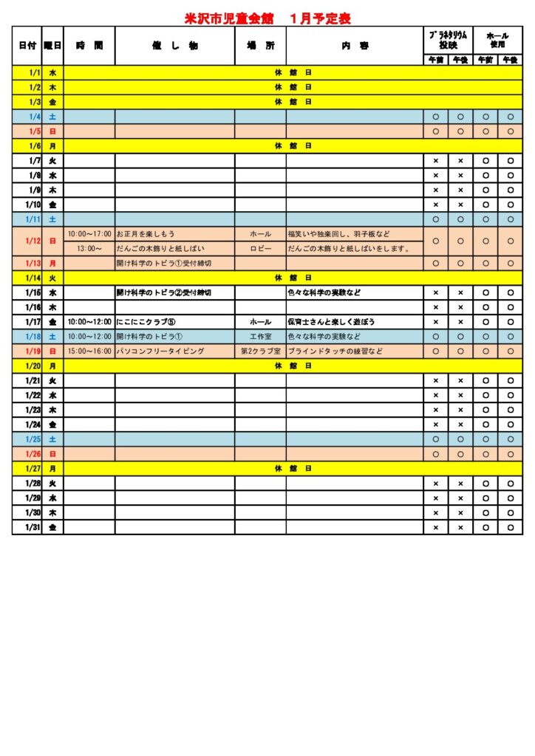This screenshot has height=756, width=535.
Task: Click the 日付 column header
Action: (27, 45)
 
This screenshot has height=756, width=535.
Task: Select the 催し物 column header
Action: (174, 45)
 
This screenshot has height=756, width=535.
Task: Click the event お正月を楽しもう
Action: (146, 234)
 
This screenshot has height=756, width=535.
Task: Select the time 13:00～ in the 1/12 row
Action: (89, 249)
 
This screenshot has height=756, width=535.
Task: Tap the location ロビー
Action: (260, 249)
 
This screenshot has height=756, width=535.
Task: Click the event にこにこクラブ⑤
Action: (145, 322)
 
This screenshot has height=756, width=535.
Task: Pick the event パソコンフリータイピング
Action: (160, 351)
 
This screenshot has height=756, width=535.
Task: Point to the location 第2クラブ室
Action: (260, 351)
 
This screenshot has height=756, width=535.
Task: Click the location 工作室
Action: (260, 337)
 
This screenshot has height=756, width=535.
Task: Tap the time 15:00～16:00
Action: (89, 351)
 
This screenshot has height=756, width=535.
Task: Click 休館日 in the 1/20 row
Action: (293, 365)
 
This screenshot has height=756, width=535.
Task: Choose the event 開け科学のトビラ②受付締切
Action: (164, 292)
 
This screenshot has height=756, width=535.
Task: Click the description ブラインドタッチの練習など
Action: (335, 351)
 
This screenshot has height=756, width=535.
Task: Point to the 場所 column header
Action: (260, 45)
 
